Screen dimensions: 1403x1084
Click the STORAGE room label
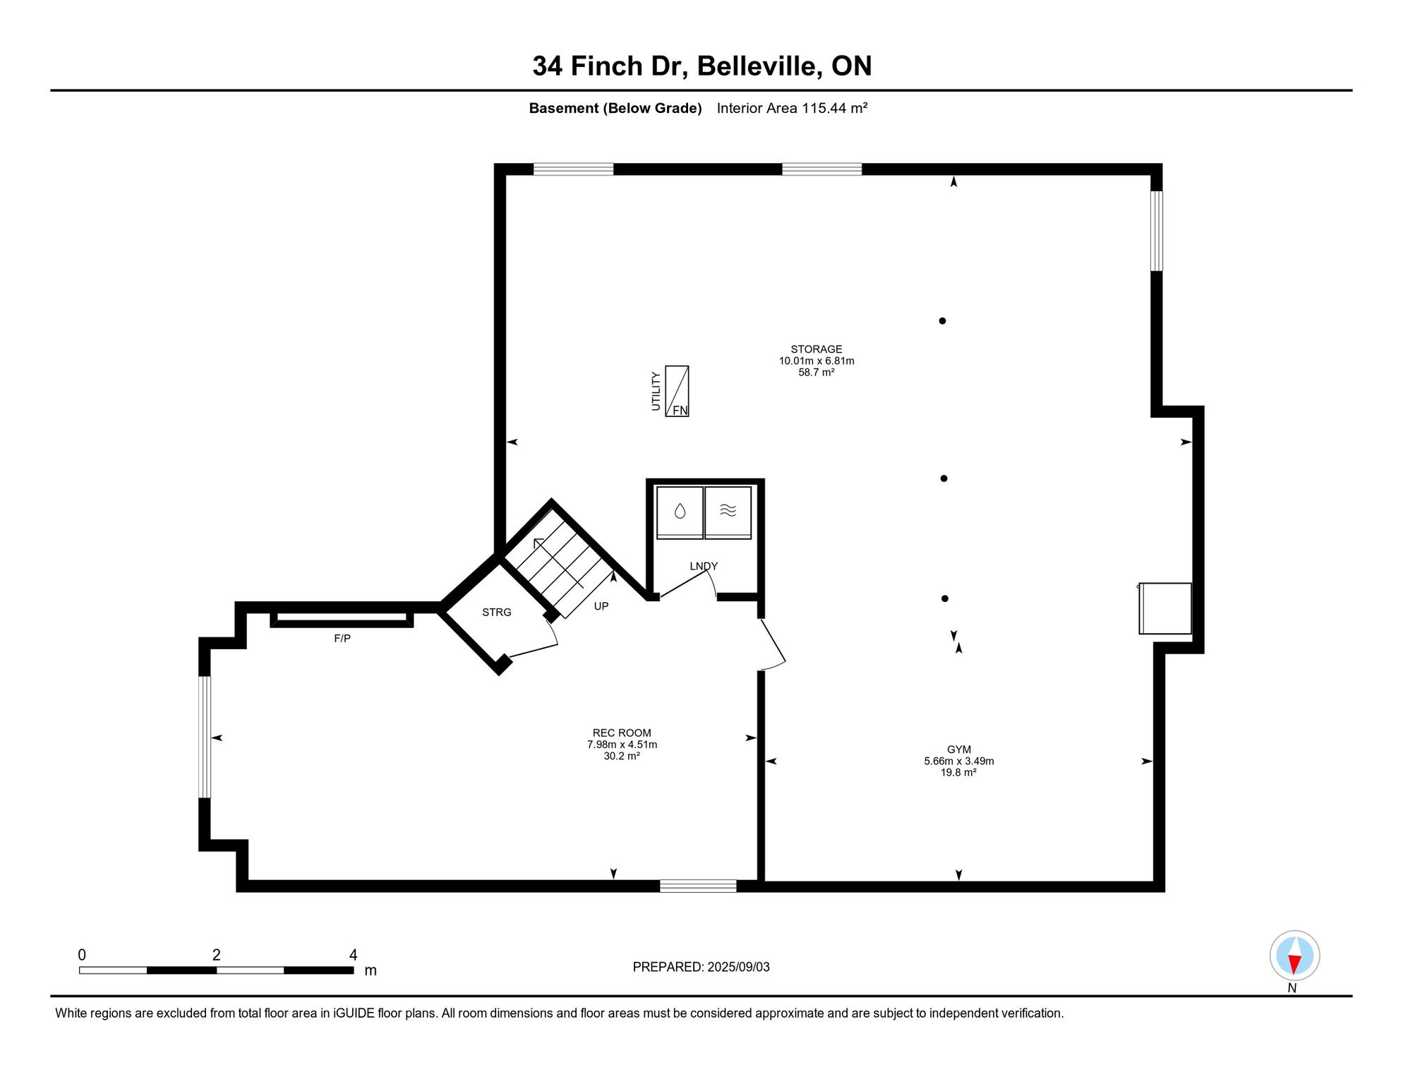(816, 349)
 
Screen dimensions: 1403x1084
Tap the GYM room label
(959, 749)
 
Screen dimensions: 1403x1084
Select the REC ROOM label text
(622, 733)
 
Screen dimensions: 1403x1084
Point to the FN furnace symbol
(677, 391)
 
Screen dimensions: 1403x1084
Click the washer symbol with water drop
(680, 512)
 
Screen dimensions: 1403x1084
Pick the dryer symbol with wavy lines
(728, 512)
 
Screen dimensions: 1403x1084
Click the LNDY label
(704, 566)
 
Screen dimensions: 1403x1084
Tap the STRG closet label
(497, 613)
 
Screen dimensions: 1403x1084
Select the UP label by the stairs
(601, 606)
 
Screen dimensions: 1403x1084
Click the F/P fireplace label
(342, 639)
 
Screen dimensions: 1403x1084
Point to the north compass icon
(1294, 956)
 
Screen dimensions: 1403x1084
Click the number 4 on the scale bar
(354, 955)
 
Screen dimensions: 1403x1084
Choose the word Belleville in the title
(759, 66)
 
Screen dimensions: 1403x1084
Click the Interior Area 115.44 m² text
(792, 108)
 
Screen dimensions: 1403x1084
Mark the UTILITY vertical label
(656, 391)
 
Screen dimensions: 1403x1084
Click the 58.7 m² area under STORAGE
(817, 373)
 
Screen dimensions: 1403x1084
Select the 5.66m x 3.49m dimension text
(959, 761)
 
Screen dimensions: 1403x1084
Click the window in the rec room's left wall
(205, 737)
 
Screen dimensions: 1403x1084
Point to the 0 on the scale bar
(82, 955)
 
